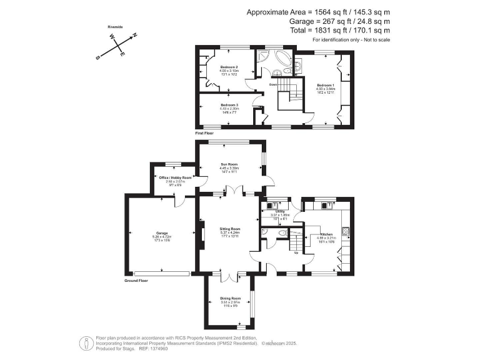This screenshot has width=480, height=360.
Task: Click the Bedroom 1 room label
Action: [325, 84]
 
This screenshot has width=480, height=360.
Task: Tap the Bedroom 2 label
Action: [229, 67]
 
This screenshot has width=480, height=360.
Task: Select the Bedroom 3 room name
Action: [229, 104]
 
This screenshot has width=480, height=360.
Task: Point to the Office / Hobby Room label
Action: [175, 177]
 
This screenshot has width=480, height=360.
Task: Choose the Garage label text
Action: [161, 233]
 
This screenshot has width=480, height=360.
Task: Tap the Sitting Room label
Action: [230, 229]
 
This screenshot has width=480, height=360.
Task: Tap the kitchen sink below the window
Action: [326, 204]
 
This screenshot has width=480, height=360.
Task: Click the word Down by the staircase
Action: [273, 84]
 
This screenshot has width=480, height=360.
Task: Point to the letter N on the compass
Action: [133, 36]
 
